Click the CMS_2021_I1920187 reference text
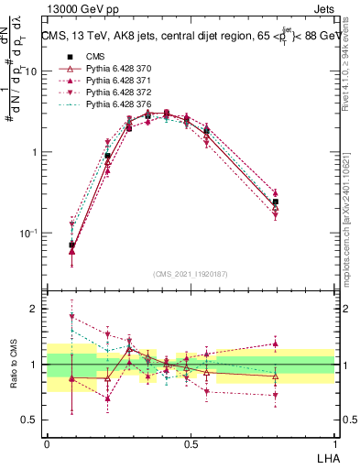(x=191, y=274)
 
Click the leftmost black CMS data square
(x=71, y=245)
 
